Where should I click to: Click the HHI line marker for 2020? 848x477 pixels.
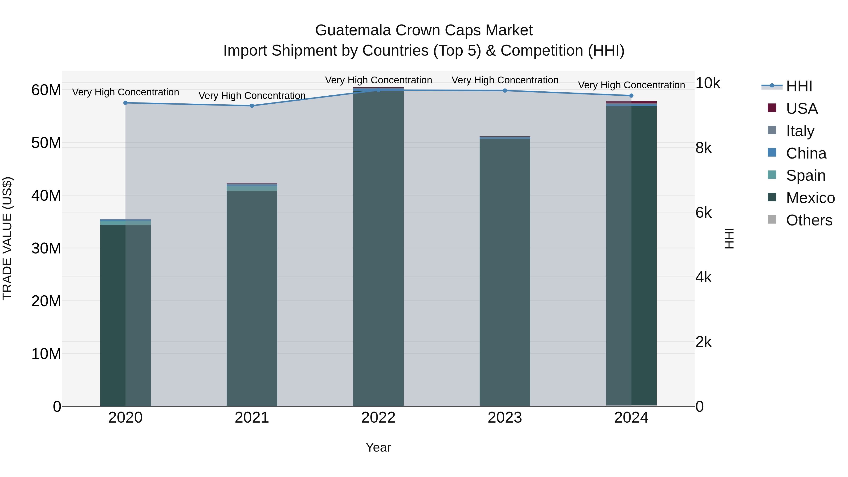125,103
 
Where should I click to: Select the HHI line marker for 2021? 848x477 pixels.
252,106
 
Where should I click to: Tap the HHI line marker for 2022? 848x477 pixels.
378,90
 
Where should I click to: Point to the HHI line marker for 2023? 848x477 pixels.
505,90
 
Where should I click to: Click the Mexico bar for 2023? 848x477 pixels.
505,273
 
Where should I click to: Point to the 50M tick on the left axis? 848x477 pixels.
46,143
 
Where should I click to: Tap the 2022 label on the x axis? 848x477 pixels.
378,418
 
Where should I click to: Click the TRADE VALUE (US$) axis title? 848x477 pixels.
7,238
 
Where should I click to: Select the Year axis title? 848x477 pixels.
378,447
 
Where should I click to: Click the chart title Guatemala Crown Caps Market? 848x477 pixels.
424,30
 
